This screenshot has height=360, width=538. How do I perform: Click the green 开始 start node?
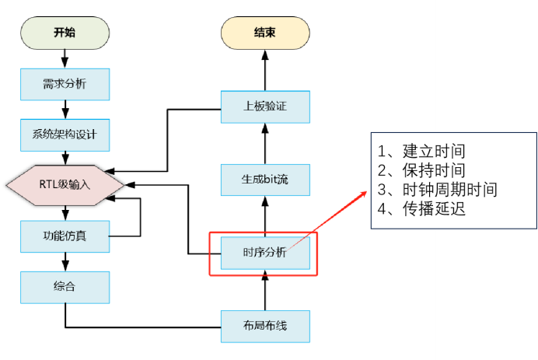65,33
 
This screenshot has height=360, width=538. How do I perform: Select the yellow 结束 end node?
264,33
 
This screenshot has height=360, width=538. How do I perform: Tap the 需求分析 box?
65,84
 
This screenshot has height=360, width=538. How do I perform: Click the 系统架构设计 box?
65,135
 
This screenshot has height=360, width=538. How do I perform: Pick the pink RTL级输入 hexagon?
65,185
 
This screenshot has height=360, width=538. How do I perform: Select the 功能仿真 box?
65,235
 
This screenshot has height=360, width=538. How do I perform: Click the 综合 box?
65,285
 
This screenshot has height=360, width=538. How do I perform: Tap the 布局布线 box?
265,325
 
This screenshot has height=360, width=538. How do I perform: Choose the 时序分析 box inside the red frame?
265,252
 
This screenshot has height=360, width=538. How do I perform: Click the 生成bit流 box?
265,179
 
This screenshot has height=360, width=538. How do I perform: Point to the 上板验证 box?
265,107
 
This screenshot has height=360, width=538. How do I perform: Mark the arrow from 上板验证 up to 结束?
264,70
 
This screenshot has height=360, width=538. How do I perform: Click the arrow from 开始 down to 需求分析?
65,58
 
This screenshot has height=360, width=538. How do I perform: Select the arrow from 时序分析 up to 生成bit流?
265,215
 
